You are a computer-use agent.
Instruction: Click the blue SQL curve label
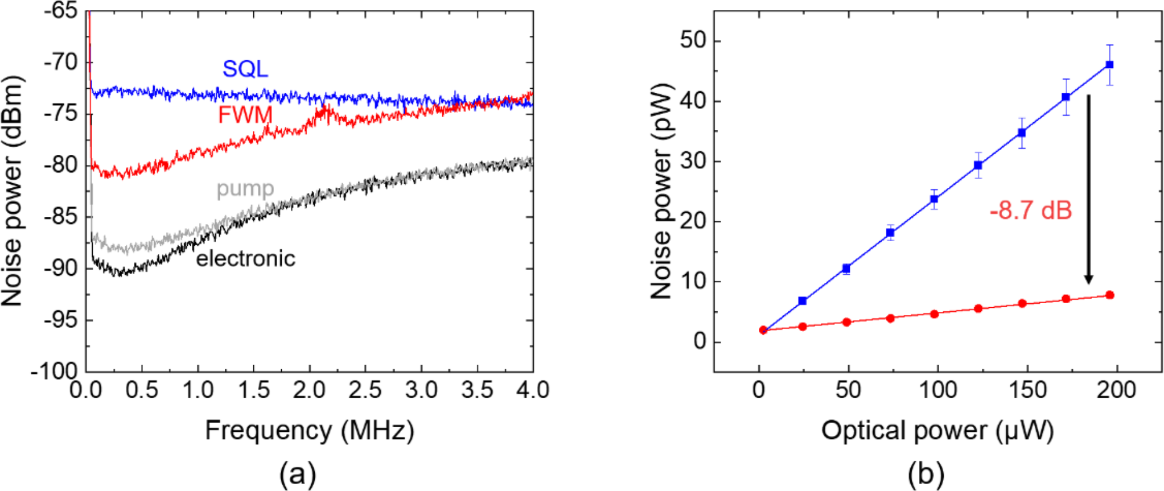coord(245,69)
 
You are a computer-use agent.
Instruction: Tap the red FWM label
coord(245,115)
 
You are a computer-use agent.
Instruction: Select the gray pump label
coord(245,189)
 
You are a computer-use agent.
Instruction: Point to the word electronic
coord(245,258)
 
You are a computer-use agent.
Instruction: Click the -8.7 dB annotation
coord(1031,210)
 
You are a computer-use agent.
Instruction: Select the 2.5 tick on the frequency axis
coord(365,390)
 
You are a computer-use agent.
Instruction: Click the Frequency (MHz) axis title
coord(309,431)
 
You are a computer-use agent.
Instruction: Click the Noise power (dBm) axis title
coord(12,191)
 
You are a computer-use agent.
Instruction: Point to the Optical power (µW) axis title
coord(937,431)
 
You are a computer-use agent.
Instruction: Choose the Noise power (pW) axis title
coord(661,191)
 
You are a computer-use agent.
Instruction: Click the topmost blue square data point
coord(1110,65)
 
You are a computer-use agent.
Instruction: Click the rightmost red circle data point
coord(1110,295)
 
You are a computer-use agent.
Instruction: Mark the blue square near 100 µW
coord(934,199)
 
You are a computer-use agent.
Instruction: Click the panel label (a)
coord(297,474)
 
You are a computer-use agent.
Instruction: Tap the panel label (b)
coord(925,474)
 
